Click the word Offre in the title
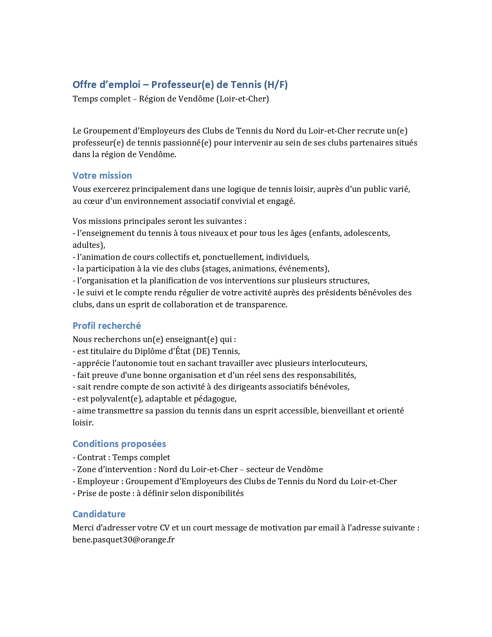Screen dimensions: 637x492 pos(85,85)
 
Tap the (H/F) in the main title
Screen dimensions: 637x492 pos(276,85)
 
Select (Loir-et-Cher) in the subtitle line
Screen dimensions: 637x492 pos(242,99)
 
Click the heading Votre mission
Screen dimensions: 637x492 pos(102,176)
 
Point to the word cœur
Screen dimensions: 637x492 pos(91,201)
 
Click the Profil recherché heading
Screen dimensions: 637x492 pos(107,326)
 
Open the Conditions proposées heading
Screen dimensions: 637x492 pos(119,444)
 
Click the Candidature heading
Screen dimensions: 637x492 pos(99,514)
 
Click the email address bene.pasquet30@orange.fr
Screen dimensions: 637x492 pos(123,540)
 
